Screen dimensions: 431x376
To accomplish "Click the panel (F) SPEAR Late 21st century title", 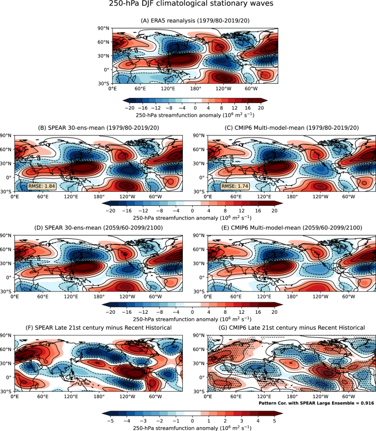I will (92, 327).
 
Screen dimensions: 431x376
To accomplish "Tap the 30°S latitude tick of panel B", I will (5, 192).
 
